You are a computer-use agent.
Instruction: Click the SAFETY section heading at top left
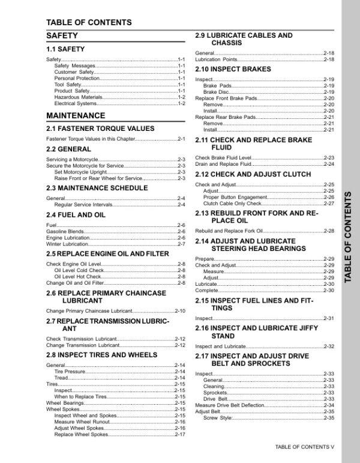62,36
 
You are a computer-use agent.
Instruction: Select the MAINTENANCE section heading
75,115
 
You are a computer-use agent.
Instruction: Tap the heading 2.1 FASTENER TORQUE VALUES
100,129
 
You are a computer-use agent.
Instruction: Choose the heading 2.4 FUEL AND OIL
76,214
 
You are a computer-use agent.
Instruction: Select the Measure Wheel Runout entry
82,422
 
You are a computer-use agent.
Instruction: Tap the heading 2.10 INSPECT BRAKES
233,69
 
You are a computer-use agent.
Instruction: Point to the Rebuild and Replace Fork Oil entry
229,231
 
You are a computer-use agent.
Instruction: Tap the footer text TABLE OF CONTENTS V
304,447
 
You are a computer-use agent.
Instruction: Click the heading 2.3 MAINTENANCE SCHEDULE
97,188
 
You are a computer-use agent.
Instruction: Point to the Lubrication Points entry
217,59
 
